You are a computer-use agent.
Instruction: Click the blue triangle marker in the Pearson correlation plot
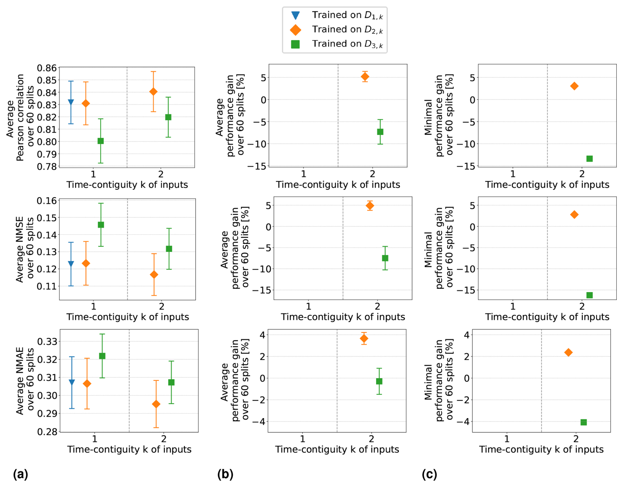tap(71, 102)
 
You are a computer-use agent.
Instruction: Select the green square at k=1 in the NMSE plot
tap(101, 225)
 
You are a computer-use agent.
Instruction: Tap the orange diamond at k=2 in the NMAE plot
tap(156, 404)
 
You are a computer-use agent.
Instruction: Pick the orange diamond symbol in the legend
tap(295, 30)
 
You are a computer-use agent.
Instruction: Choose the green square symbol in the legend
tap(295, 44)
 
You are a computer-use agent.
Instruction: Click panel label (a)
tap(20, 474)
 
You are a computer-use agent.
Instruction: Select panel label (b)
tap(225, 474)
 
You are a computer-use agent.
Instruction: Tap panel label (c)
tap(429, 474)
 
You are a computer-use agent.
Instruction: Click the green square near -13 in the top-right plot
tap(589, 159)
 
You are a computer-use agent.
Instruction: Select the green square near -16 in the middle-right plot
tap(589, 295)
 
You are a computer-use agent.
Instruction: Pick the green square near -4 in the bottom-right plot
tap(583, 422)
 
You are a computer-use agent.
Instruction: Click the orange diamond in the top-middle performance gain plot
tap(365, 77)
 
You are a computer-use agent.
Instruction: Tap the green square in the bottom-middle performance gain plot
tap(379, 381)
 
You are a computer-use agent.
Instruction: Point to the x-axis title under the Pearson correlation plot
tap(127, 185)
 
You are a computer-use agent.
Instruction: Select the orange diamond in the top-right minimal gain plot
tap(574, 86)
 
